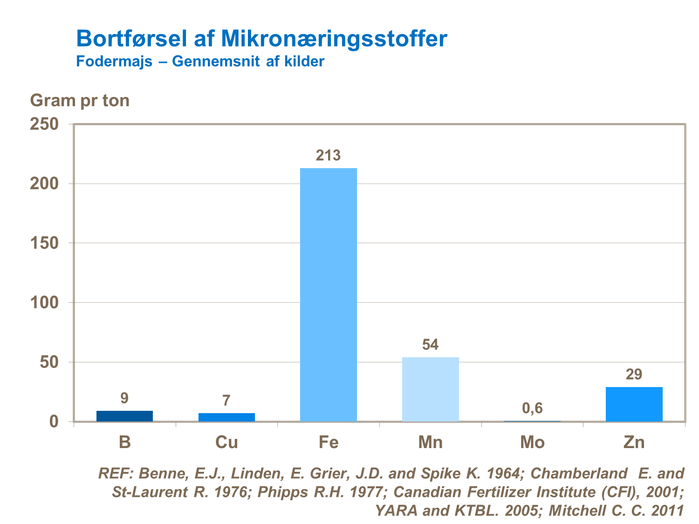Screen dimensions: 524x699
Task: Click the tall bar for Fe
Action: (329, 294)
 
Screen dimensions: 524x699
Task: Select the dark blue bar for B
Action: (124, 416)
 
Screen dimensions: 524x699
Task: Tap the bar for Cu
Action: (226, 417)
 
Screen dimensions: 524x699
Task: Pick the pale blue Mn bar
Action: (430, 389)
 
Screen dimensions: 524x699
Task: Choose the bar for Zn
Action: (634, 404)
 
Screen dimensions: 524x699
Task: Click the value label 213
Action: (328, 155)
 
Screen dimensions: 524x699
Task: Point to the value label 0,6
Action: (532, 408)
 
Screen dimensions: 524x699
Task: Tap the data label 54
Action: (430, 345)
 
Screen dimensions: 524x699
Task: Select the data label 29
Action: (634, 374)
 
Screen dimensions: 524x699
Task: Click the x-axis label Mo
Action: (532, 442)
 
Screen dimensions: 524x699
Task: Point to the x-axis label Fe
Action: (329, 442)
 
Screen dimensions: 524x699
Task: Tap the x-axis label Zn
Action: (634, 442)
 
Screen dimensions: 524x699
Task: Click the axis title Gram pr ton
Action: (80, 101)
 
